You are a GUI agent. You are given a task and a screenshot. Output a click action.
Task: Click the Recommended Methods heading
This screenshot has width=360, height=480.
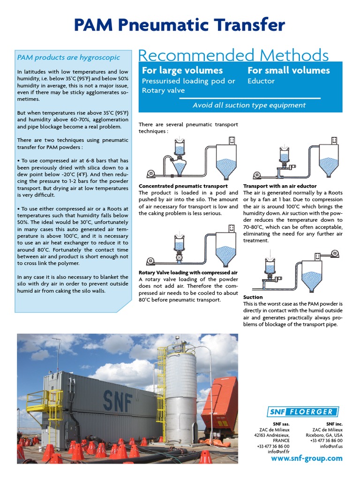click(233, 55)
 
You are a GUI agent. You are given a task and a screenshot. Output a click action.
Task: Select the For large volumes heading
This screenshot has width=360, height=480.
click(182, 70)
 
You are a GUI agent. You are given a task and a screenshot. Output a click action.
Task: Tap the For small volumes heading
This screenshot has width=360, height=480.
click(288, 70)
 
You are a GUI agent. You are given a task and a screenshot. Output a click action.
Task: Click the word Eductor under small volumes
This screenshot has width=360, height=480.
click(261, 81)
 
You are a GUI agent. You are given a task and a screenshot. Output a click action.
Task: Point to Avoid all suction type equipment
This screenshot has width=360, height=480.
click(249, 105)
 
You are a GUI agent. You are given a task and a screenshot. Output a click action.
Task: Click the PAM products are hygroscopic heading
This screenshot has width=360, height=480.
click(68, 58)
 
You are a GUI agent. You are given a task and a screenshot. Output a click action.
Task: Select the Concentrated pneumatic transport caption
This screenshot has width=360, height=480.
click(183, 186)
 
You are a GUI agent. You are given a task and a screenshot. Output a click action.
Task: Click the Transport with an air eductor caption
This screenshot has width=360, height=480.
click(280, 186)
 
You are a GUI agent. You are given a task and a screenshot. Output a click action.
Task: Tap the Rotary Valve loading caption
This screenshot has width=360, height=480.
click(188, 272)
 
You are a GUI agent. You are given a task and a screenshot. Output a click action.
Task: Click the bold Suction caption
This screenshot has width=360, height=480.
click(253, 297)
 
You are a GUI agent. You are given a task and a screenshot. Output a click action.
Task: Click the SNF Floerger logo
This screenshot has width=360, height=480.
click(302, 412)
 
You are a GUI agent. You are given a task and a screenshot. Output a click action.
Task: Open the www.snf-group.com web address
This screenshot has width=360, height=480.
click(307, 458)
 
